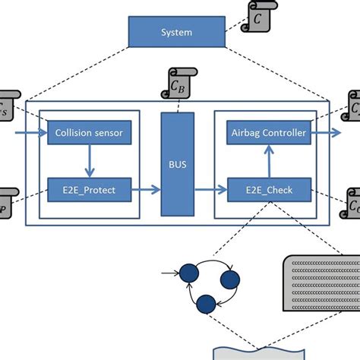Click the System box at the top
point(176,33)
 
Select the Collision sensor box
point(89,134)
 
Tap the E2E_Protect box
point(89,189)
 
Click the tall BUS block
point(177,163)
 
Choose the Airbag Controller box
point(268,134)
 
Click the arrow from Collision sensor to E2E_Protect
point(89,161)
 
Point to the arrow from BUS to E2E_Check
point(211,189)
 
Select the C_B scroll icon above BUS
point(179,81)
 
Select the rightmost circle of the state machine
point(230,280)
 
